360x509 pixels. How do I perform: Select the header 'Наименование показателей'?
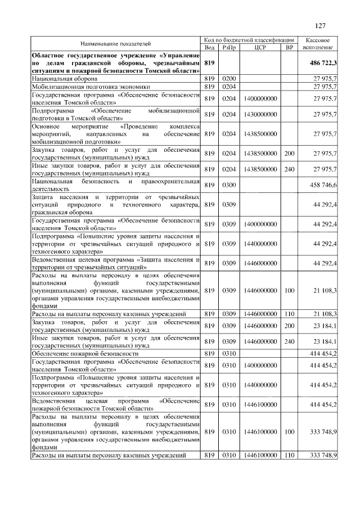(x=115, y=43)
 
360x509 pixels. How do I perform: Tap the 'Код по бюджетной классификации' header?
(x=249, y=40)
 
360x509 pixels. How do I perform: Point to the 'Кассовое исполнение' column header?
(x=321, y=44)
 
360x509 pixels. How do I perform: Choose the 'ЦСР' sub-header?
(x=260, y=48)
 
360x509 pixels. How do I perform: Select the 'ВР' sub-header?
(x=290, y=48)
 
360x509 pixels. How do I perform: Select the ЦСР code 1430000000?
(x=260, y=114)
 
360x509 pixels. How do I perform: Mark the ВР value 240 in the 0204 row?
(x=290, y=169)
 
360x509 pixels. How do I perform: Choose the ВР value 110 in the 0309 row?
(x=290, y=313)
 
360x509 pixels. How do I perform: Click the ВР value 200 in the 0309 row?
(x=290, y=326)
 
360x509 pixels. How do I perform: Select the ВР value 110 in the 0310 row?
(x=290, y=455)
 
